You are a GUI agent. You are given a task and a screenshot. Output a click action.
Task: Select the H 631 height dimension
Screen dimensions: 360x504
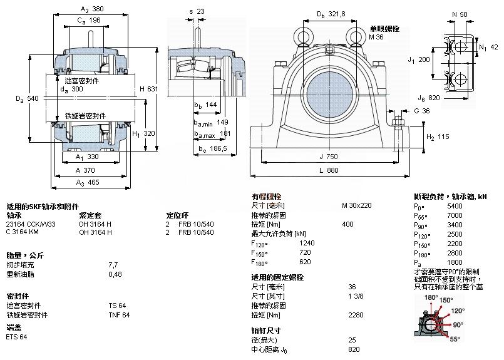[x=148, y=89]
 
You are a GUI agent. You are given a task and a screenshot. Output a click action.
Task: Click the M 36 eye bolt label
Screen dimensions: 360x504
[x=376, y=38]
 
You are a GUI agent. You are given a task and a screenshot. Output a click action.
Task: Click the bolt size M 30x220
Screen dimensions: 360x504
[x=356, y=205]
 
